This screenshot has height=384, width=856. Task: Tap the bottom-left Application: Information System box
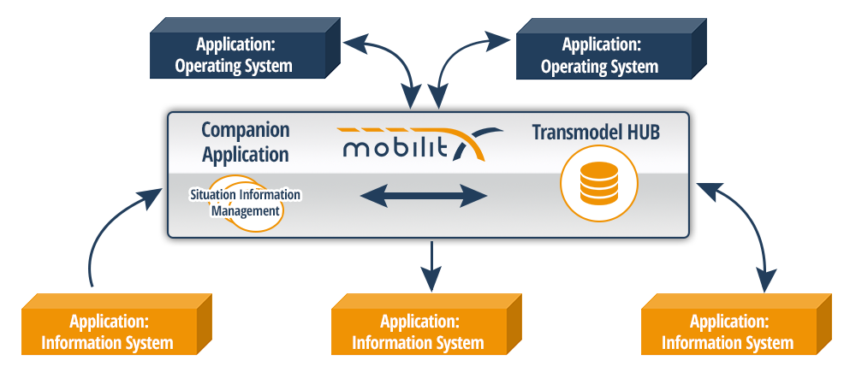pyautogui.click(x=109, y=333)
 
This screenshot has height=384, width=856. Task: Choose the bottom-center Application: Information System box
pyautogui.click(x=419, y=333)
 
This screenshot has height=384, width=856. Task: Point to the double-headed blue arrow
pyautogui.click(x=423, y=196)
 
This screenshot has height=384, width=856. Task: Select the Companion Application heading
pyautogui.click(x=245, y=143)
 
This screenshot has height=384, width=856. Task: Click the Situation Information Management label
pyautogui.click(x=245, y=203)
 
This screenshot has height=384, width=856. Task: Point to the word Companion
pyautogui.click(x=245, y=131)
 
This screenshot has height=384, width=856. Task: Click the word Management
pyautogui.click(x=246, y=210)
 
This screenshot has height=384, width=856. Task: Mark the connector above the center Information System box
pyautogui.click(x=431, y=272)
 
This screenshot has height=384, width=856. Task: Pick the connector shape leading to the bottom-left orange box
pyautogui.click(x=121, y=239)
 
